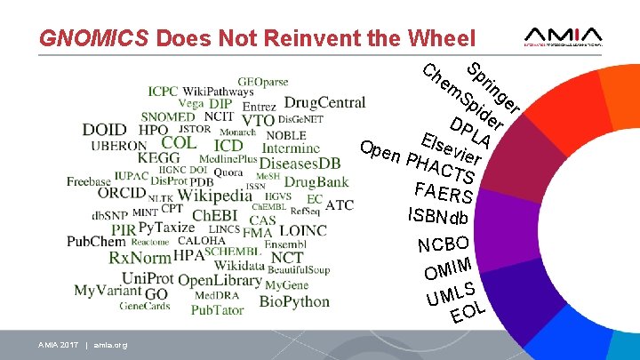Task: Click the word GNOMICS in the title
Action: tap(94, 38)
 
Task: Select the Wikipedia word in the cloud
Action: tap(214, 196)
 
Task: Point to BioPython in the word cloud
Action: tap(294, 301)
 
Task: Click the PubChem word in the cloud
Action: tap(96, 241)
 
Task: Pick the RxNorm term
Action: tap(140, 258)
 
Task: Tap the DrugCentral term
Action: tap(324, 103)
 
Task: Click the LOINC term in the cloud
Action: tap(303, 230)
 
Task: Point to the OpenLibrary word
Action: tap(219, 280)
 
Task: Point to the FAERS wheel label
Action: tap(443, 192)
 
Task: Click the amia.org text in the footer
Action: tap(110, 345)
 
